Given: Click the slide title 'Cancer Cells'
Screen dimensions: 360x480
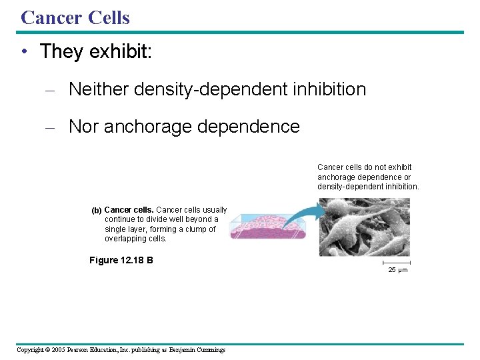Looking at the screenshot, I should pyautogui.click(x=75, y=17).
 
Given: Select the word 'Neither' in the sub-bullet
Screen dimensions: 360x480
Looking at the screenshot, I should pyautogui.click(x=98, y=89).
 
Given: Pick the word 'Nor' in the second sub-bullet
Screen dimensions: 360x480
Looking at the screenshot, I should pyautogui.click(x=84, y=126).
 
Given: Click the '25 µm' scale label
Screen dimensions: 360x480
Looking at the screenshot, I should pyautogui.click(x=398, y=270).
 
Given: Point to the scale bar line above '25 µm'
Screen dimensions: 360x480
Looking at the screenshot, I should pyautogui.click(x=397, y=262).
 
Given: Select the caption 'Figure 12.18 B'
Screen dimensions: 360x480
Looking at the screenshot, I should pyautogui.click(x=121, y=260).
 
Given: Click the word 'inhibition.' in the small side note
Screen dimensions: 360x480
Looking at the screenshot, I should pyautogui.click(x=399, y=187).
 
